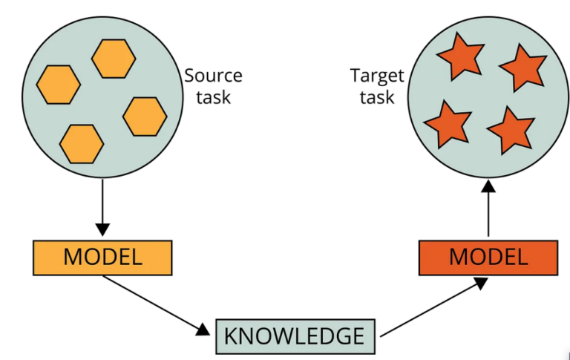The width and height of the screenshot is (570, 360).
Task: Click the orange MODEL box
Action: coord(102,257)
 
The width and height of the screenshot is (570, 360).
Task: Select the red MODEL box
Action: coord(488,257)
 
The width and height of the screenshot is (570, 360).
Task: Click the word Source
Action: coord(213,76)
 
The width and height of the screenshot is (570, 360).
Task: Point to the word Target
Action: coord(379,76)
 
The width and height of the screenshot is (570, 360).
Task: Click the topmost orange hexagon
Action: coord(114,58)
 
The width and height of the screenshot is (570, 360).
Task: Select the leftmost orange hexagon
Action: coord(58,85)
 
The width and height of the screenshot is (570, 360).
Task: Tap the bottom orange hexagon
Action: coord(82,143)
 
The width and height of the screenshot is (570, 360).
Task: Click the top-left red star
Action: coord(459,59)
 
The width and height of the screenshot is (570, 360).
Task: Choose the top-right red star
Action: coord(522,68)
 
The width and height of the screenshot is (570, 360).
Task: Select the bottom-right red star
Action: coord(510,129)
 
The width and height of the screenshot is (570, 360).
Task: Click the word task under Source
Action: coord(213,96)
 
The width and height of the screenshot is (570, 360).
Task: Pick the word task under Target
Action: coord(379,96)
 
